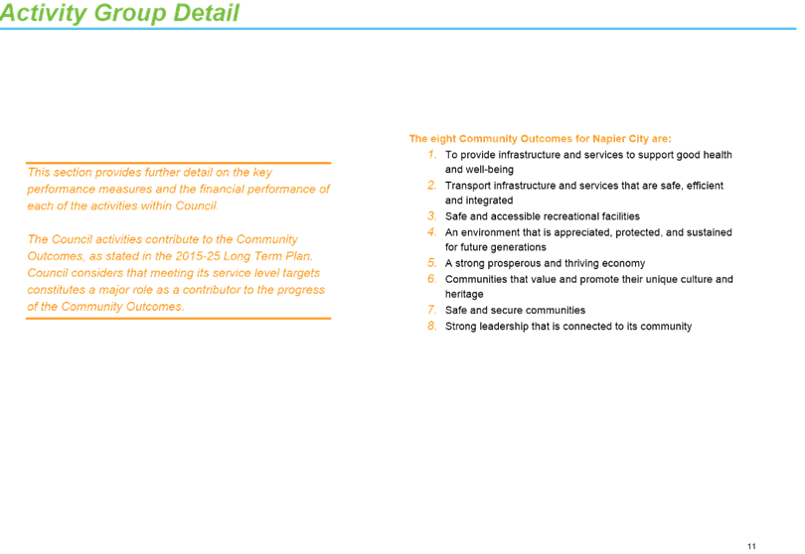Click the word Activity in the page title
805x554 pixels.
tap(44, 13)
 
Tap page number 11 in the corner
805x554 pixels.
tap(751, 546)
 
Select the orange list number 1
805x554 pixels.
tap(432, 155)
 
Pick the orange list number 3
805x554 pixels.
tap(431, 216)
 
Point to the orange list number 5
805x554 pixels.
tap(431, 263)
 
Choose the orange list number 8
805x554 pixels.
tap(431, 326)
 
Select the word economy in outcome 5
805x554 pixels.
tap(623, 264)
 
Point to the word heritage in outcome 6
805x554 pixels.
tap(464, 295)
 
